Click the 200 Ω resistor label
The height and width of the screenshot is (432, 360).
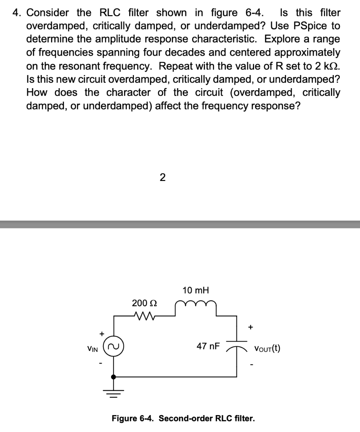tap(144, 303)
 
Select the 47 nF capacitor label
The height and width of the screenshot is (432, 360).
tap(208, 346)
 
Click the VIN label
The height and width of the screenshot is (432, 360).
tap(93, 349)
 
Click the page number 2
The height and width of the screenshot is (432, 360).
tap(162, 178)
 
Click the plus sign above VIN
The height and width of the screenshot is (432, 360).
tap(101, 334)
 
